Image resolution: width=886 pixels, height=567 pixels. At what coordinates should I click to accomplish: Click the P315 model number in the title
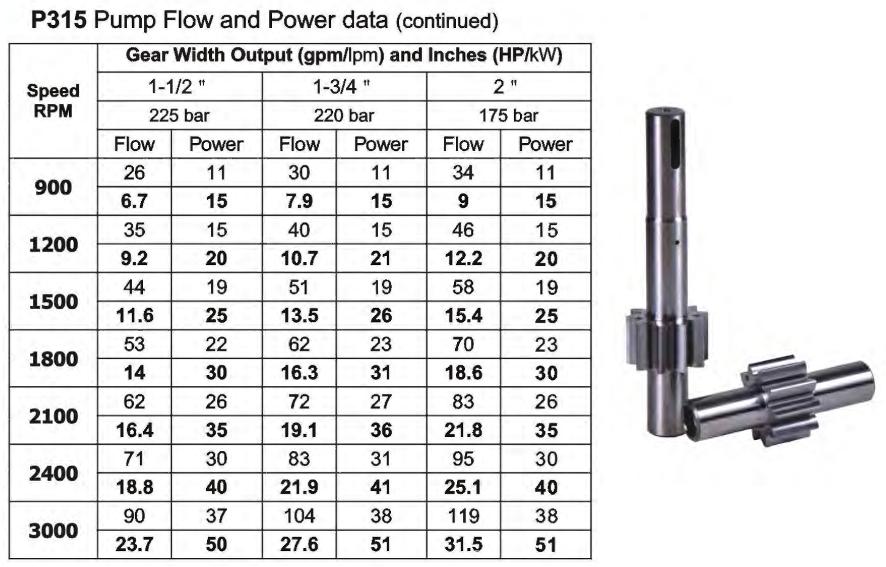coord(59,20)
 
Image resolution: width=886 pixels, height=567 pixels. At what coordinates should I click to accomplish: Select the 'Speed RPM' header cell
coord(53,101)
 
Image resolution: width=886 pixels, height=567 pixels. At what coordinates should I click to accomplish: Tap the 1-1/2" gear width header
coord(177,86)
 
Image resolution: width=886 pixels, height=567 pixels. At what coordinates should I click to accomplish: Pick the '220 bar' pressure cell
coord(344,115)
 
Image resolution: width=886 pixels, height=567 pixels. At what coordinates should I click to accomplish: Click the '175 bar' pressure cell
coord(508,115)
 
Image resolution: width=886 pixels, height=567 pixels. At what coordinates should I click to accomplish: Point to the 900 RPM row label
coord(53,187)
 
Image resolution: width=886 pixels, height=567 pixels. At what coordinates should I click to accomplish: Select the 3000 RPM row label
coord(53,530)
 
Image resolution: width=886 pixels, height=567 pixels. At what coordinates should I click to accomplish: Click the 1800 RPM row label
coord(53,359)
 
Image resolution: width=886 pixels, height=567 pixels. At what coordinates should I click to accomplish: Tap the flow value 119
coord(463,516)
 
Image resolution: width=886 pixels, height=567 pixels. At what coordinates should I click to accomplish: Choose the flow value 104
coord(299,516)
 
